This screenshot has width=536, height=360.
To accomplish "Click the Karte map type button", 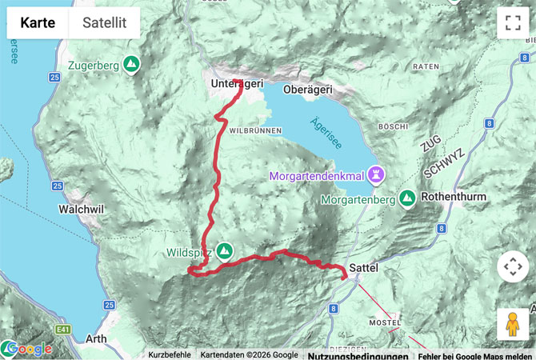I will click(x=38, y=23).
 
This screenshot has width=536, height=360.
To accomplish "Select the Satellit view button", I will click(x=105, y=23).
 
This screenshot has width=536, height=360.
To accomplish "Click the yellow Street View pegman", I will click(x=512, y=324).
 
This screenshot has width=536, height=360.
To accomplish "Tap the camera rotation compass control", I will click(x=512, y=266).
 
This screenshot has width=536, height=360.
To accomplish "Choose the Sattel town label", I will click(x=363, y=268).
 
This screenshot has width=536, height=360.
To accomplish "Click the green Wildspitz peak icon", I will click(x=225, y=251).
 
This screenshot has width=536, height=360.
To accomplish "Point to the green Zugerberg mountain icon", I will click(x=132, y=64).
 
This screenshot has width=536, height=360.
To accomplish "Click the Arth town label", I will click(x=96, y=338).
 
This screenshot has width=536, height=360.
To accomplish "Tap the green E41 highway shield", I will click(x=64, y=329).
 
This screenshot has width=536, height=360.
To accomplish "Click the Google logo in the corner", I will click(x=29, y=349).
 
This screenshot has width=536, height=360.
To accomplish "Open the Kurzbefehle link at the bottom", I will click(x=169, y=354).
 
